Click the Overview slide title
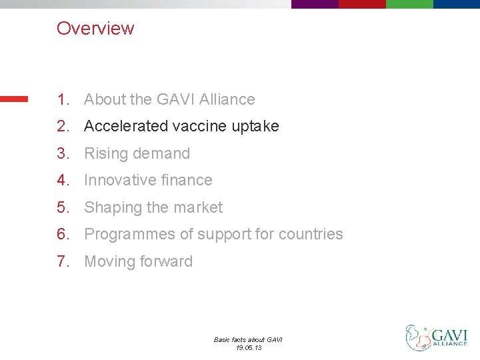point(95,28)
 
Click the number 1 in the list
point(62,99)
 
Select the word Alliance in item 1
point(227,99)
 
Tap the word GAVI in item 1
point(175,99)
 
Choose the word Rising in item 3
point(105,153)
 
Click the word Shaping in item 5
point(113,207)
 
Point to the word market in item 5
point(197,207)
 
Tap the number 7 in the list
point(62,261)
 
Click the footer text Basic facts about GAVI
point(248,339)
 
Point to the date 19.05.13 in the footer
point(248,347)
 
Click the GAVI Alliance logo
point(437,337)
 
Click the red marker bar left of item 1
point(14,99)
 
